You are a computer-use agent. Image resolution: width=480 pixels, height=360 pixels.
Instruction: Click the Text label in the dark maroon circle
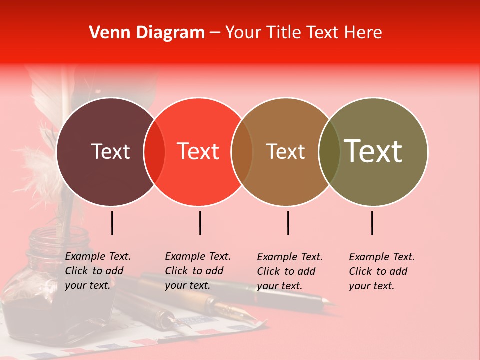(x=110, y=151)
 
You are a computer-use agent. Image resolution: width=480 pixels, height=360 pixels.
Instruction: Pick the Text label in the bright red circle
(x=198, y=151)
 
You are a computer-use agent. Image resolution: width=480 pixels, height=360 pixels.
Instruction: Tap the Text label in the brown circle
(x=285, y=151)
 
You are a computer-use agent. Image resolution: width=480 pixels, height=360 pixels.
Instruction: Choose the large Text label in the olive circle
(x=373, y=151)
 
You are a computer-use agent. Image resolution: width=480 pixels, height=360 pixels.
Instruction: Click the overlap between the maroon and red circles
(x=154, y=151)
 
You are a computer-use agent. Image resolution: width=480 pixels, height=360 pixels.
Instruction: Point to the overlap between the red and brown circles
(x=242, y=151)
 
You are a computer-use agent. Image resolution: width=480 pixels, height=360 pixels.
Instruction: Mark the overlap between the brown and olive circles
(x=329, y=151)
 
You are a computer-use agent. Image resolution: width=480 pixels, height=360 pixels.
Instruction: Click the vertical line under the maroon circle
(x=112, y=223)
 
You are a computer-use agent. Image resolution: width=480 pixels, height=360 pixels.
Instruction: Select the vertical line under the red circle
(x=200, y=223)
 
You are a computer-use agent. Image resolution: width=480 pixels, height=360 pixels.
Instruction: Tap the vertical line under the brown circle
(x=288, y=223)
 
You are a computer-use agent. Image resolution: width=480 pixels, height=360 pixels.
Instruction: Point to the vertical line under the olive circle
(x=372, y=223)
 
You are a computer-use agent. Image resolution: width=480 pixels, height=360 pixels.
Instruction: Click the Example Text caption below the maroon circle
(x=97, y=271)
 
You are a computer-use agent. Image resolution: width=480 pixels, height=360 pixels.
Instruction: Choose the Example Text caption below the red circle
(x=197, y=271)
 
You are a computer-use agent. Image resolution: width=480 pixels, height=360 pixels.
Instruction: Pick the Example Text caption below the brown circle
(x=289, y=271)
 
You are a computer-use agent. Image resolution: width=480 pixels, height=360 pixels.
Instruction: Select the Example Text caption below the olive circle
(x=381, y=271)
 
